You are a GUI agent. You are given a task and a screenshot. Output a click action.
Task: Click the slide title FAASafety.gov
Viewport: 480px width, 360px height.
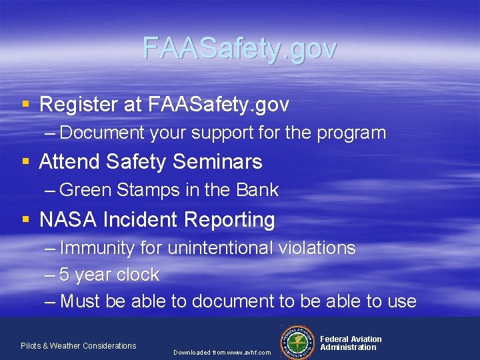tap(240, 48)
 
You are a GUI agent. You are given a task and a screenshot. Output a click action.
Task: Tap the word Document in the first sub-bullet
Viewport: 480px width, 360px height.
tap(102, 133)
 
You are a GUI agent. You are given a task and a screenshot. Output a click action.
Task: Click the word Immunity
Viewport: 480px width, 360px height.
tap(97, 248)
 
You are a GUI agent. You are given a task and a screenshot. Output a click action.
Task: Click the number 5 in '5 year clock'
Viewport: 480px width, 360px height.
tap(65, 275)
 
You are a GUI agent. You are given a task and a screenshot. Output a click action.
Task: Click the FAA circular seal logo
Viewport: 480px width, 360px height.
tap(298, 341)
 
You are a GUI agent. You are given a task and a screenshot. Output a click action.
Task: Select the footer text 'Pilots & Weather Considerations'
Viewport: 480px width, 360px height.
tap(78, 345)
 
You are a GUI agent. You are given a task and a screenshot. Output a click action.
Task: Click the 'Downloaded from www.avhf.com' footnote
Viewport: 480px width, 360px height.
tap(222, 352)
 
